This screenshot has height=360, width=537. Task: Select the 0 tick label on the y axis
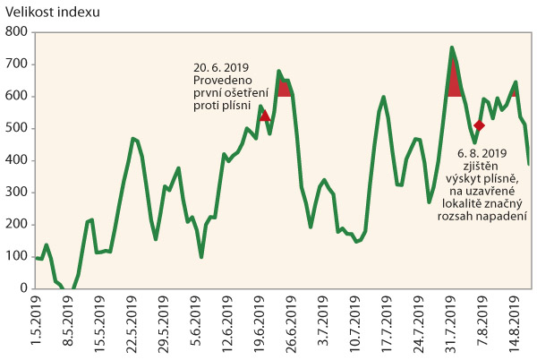point(24,289)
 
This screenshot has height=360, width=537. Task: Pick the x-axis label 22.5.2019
point(132,323)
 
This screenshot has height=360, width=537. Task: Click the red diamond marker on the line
point(479,125)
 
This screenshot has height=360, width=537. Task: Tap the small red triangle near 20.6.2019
point(264,116)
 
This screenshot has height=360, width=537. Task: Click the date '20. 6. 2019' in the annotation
point(221,67)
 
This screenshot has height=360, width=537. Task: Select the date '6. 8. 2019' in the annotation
point(482,153)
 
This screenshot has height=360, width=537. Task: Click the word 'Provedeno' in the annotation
point(224,81)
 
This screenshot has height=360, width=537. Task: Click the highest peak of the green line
point(452,47)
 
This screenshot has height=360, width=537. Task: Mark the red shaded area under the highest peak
point(454,82)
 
